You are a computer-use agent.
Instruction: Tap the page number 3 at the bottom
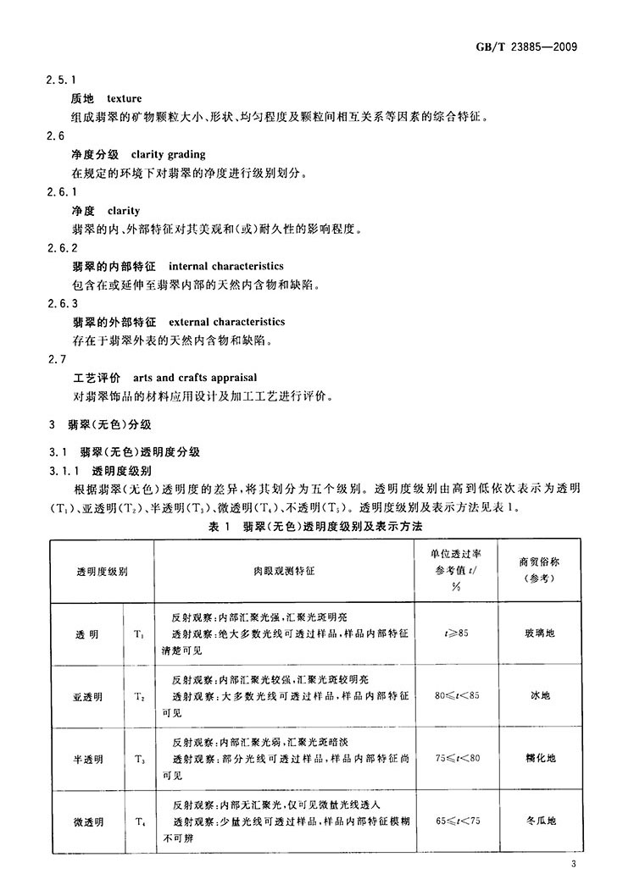[574, 865]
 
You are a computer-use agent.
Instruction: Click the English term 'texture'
[125, 99]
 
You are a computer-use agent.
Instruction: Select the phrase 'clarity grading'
[169, 155]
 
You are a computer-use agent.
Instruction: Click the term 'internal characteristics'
[226, 266]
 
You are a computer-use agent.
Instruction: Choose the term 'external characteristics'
[227, 322]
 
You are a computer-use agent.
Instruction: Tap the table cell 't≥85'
[457, 633]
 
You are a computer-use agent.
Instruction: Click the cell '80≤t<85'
[457, 696]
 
